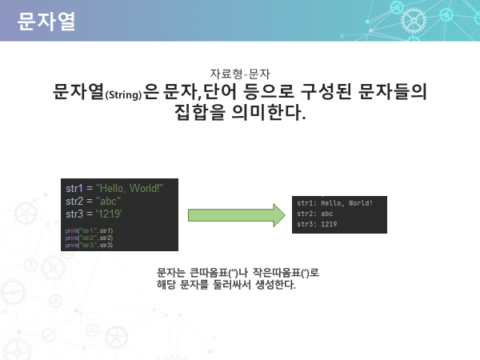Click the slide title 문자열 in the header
[46, 21]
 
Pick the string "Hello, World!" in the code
[129, 188]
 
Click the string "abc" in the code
[109, 201]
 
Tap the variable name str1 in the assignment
[75, 188]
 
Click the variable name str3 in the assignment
[75, 214]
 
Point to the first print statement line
[89, 230]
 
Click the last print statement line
[89, 245]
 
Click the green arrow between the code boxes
[236, 216]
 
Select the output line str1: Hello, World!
[334, 203]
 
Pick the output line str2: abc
[314, 214]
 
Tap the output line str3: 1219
[316, 225]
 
